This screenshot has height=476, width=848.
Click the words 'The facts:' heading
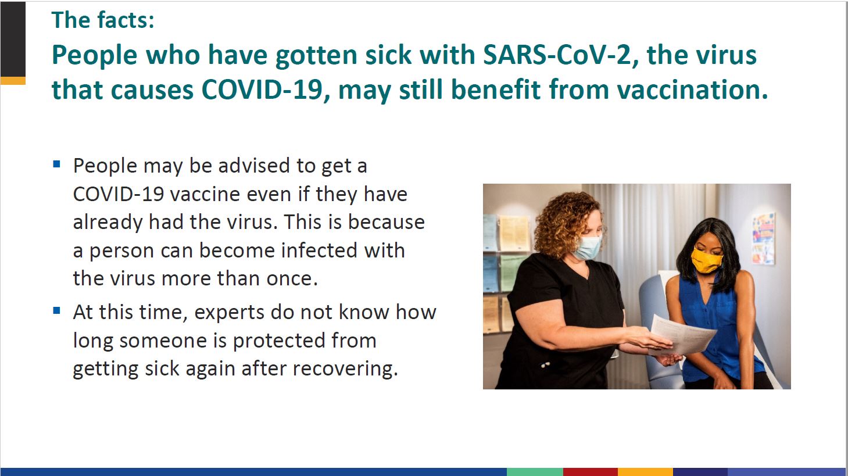103,20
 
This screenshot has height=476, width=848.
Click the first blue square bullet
57,164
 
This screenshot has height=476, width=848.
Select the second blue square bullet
57,311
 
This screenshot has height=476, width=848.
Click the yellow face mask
706,260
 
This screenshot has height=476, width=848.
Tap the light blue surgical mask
589,247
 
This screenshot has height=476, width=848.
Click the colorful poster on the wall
763,238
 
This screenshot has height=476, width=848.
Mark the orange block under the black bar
13,81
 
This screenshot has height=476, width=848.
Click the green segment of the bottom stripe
535,472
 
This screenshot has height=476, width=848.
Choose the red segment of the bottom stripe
591,472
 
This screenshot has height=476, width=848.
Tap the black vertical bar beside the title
13,40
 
